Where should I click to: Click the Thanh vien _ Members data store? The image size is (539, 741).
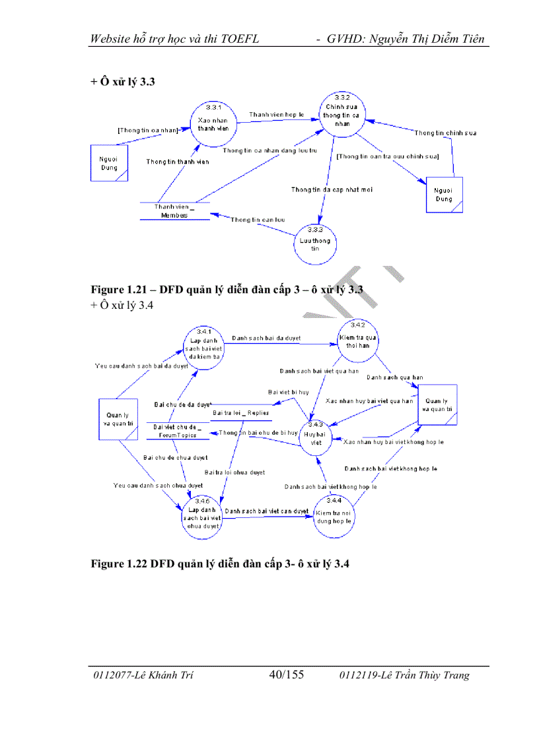click(x=174, y=211)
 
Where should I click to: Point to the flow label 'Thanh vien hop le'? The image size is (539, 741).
click(x=276, y=115)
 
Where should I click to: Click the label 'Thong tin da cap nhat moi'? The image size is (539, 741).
click(x=332, y=190)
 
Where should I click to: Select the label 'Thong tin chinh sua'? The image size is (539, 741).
click(x=445, y=133)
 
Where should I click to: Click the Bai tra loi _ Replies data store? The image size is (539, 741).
click(x=240, y=414)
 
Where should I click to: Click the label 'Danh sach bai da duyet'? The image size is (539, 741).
click(x=266, y=338)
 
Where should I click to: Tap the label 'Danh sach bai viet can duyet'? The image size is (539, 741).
click(x=266, y=511)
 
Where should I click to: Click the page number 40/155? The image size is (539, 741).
click(x=286, y=674)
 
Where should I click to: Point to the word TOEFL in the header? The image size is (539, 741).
click(x=238, y=38)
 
